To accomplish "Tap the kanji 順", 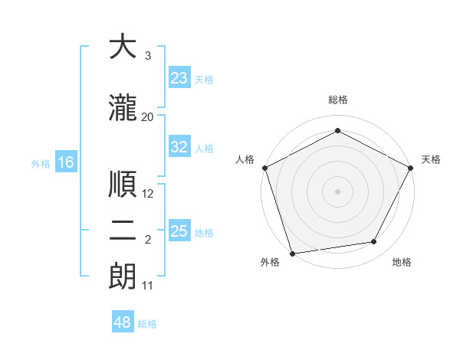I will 123,185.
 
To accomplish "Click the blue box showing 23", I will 179,78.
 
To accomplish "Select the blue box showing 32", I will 179,147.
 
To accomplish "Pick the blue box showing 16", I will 65,162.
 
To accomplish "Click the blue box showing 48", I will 123,322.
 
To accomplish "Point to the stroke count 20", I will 148,116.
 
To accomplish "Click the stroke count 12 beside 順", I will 148,194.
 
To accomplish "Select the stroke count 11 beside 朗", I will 148,286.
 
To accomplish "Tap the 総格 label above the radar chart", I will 338,100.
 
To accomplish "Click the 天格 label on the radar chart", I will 431,159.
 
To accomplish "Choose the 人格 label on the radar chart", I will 245,159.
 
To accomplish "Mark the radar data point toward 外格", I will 291,253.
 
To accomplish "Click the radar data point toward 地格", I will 374,242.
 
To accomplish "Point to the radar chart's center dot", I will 338,190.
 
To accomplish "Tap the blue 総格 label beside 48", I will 147,324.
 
